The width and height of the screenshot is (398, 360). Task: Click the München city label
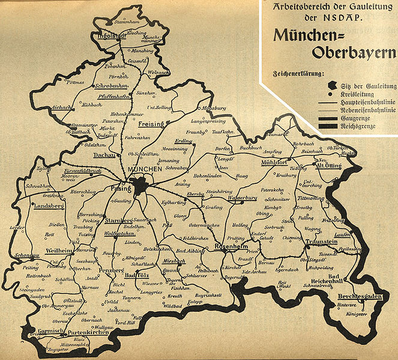pyautogui.click(x=144, y=171)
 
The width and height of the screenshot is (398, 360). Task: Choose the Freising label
pyautogui.click(x=152, y=123)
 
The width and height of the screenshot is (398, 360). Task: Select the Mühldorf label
pyautogui.click(x=275, y=163)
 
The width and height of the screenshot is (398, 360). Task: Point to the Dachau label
pyautogui.click(x=105, y=155)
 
